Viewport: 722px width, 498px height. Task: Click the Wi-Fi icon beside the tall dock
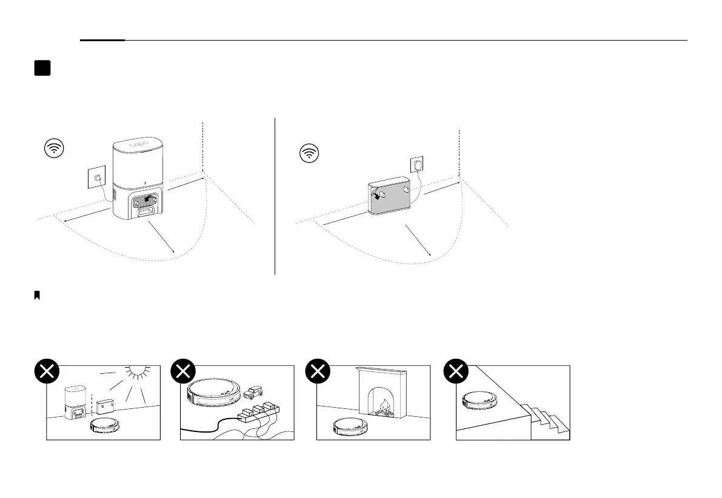(55, 148)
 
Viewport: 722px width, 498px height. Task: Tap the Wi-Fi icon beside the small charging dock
(310, 154)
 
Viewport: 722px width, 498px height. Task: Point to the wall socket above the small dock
(416, 164)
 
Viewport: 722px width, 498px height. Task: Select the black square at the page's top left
(42, 68)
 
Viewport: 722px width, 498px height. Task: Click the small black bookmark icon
(37, 295)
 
